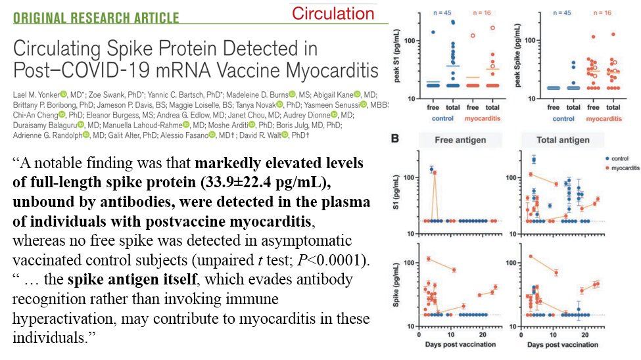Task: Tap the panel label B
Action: tap(394, 139)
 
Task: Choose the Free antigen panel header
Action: tap(460, 140)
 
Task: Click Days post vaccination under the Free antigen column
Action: tap(460, 345)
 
